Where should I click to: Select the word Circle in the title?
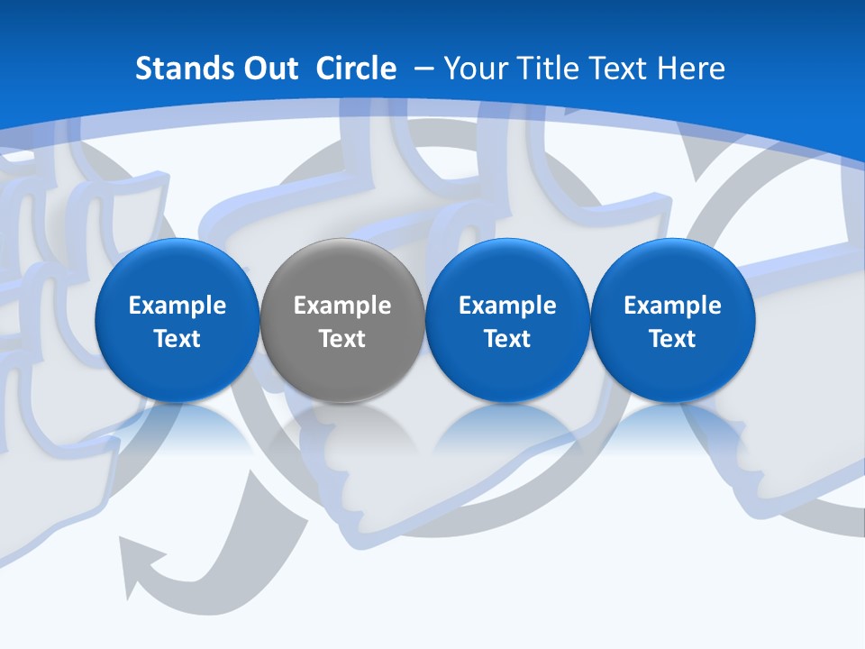(356, 69)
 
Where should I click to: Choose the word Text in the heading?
(616, 69)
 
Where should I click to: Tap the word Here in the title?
(691, 69)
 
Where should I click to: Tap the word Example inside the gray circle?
(342, 306)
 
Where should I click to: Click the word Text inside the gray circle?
(342, 339)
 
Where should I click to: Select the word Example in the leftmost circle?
(177, 306)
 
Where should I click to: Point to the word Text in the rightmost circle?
(672, 339)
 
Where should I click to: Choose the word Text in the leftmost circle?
(177, 339)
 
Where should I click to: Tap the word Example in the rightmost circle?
(672, 306)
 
